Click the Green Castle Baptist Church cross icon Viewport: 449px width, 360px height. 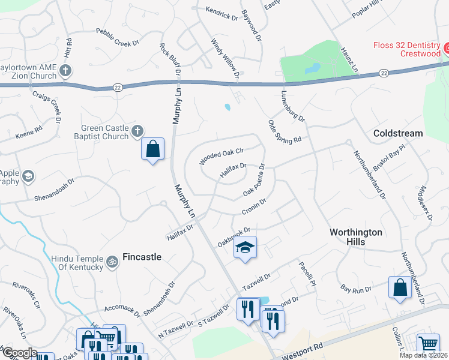coord(137,131)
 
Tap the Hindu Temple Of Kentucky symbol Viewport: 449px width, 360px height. coord(112,262)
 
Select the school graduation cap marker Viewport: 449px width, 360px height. coord(245,248)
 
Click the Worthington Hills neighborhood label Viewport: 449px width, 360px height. coord(357,236)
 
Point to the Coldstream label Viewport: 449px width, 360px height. coord(398,133)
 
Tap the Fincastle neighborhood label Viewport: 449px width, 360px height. coord(142,257)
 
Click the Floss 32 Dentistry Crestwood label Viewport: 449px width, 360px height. coord(407,49)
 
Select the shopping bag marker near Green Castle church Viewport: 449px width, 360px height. coord(153,148)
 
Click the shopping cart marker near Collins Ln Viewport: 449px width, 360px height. coord(427,344)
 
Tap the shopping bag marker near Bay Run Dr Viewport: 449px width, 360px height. coord(400,287)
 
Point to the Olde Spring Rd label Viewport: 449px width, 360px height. coord(285,131)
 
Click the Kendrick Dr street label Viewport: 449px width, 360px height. coord(221,13)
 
